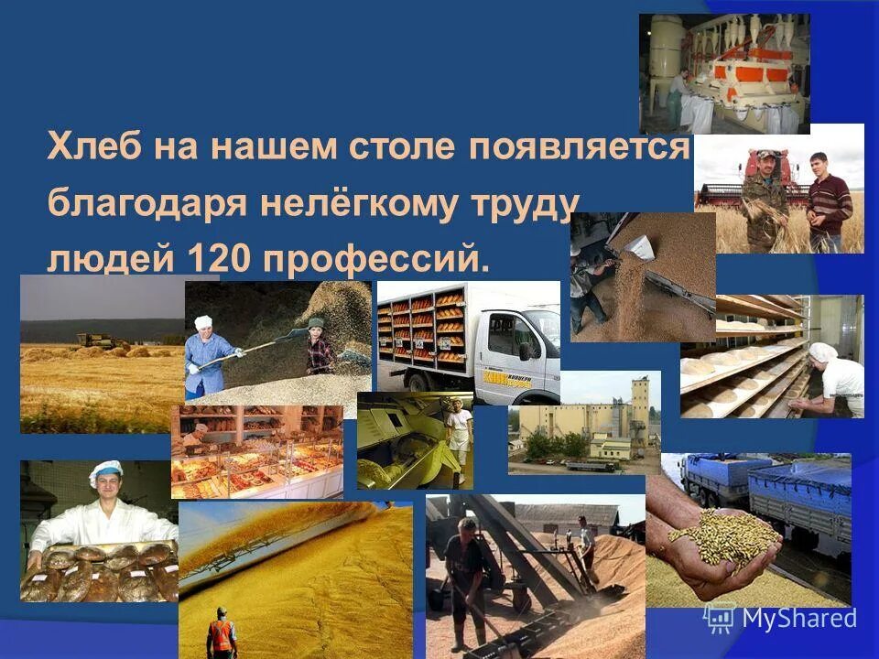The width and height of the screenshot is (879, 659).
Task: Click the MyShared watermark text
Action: (x=798, y=618)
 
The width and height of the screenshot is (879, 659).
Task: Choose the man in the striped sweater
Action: (x=829, y=202)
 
